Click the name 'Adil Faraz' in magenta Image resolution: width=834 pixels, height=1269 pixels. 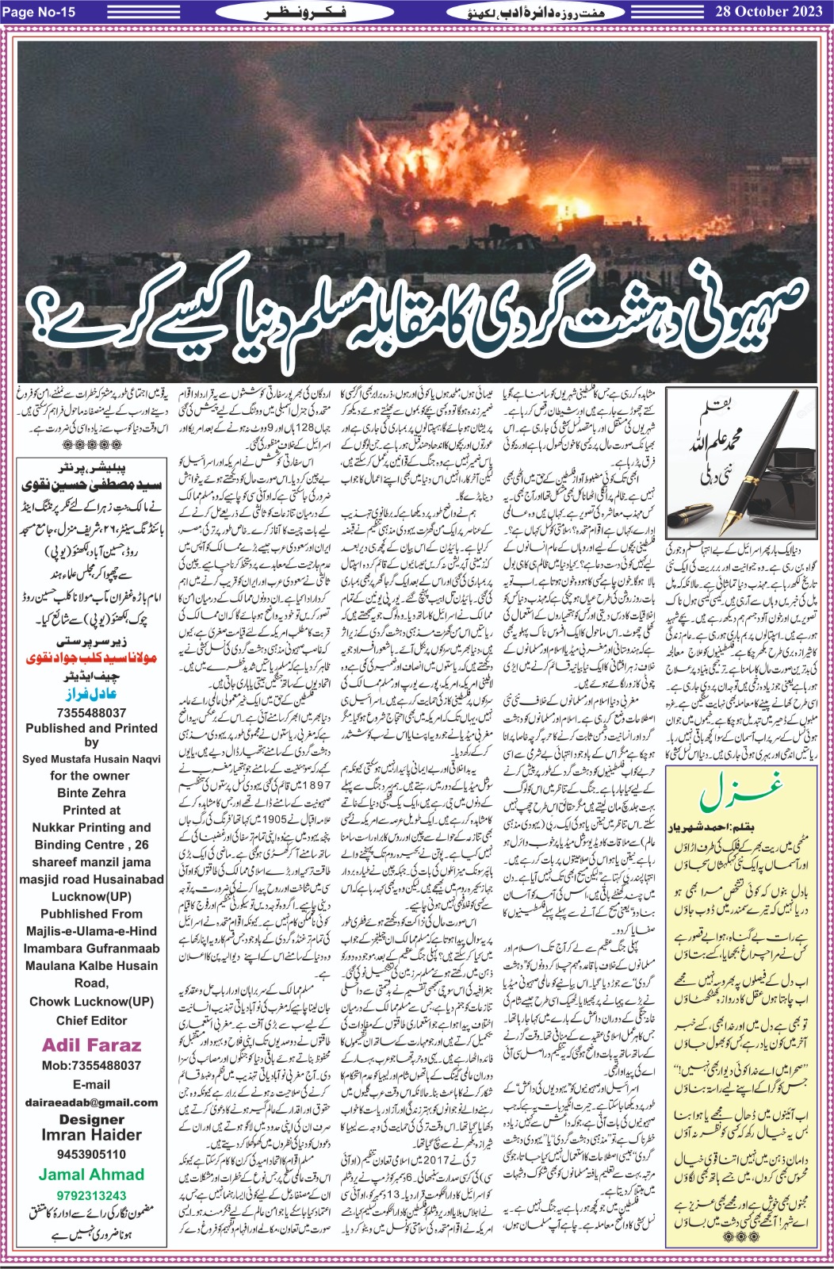pyautogui.click(x=91, y=1045)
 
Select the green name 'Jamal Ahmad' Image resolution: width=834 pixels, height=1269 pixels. pyautogui.click(x=91, y=1175)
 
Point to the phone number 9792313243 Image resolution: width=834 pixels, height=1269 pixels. pyautogui.click(x=91, y=1195)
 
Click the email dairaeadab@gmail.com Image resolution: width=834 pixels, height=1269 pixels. pyautogui.click(x=91, y=1102)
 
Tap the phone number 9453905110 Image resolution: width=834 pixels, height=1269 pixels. pyautogui.click(x=91, y=1154)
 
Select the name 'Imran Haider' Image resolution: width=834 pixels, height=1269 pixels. pyautogui.click(x=91, y=1135)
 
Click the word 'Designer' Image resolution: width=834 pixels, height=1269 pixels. pyautogui.click(x=91, y=1119)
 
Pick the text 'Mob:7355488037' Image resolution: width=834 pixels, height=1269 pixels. pyautogui.click(x=91, y=1065)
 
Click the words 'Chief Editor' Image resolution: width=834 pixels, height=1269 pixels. pyautogui.click(x=91, y=1020)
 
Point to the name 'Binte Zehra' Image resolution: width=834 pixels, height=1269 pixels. pyautogui.click(x=91, y=792)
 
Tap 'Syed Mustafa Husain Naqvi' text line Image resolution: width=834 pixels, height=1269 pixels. pyautogui.click(x=91, y=759)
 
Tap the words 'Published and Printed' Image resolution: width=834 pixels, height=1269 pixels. pyautogui.click(x=91, y=728)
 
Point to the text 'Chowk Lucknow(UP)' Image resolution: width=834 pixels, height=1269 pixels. pyautogui.click(x=91, y=1001)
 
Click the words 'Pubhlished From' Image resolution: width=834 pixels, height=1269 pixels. pyautogui.click(x=91, y=914)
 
